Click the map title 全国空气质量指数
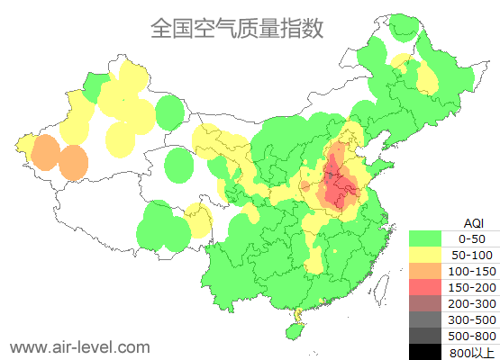237,28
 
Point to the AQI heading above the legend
473,222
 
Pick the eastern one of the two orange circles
73,163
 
